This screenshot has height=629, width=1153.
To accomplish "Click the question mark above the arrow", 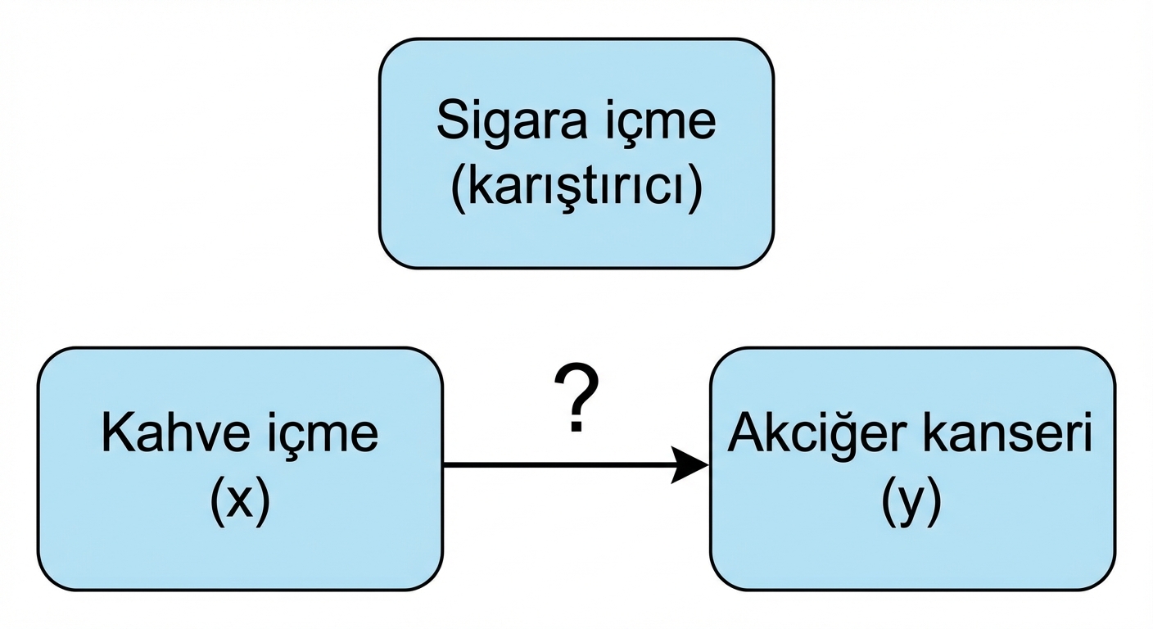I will [x=576, y=399].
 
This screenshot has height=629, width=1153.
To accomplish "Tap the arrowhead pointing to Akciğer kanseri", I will [x=690, y=464].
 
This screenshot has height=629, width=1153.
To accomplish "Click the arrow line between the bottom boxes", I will [x=557, y=464].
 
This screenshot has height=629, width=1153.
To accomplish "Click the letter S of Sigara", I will [x=451, y=121].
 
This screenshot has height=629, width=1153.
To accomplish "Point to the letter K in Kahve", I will [x=115, y=434].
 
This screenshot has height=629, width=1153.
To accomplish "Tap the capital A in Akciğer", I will [x=744, y=434].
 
